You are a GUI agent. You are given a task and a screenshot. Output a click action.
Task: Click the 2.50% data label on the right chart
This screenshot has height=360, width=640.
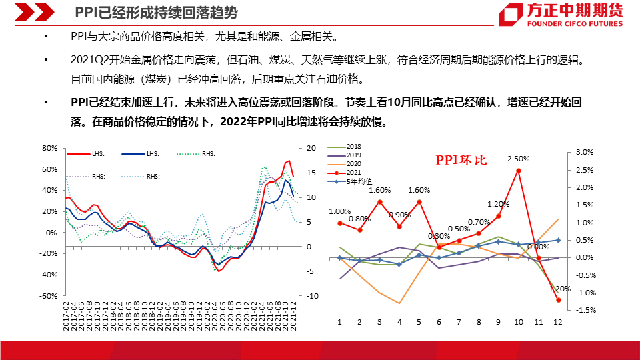[x=518, y=159]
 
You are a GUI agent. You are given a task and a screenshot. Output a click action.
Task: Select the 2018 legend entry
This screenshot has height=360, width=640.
[x=354, y=146]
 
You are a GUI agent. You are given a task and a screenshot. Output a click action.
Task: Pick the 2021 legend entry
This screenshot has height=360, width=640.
[x=354, y=172]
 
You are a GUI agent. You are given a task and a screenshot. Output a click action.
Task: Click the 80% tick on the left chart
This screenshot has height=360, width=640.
[x=49, y=148]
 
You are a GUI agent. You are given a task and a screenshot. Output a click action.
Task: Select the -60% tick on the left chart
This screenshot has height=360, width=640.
[x=48, y=296]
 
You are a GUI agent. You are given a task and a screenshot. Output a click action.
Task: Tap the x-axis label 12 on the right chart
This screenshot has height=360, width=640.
[x=557, y=322]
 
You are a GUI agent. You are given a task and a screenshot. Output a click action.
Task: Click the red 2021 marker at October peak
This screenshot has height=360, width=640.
[x=518, y=171]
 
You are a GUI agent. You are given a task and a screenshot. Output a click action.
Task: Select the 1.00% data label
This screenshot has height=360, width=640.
[x=339, y=212]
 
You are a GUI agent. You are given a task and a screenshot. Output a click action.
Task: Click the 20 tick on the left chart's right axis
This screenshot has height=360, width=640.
[x=311, y=148]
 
